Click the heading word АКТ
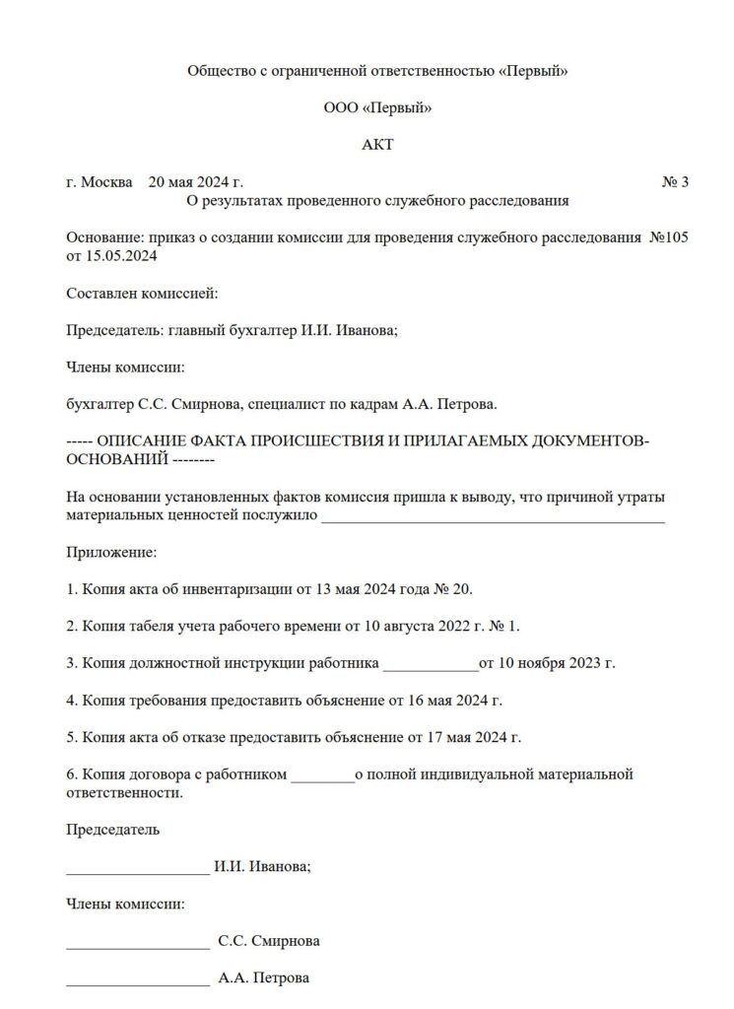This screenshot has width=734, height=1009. coord(377,145)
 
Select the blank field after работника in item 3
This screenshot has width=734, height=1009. coord(429,663)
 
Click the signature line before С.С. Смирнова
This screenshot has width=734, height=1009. coord(138,941)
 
